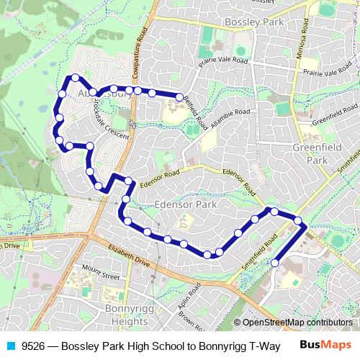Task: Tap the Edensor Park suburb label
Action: pyautogui.click(x=186, y=205)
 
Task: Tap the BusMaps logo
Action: pyautogui.click(x=325, y=345)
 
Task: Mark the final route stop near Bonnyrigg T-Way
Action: pyautogui.click(x=274, y=264)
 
